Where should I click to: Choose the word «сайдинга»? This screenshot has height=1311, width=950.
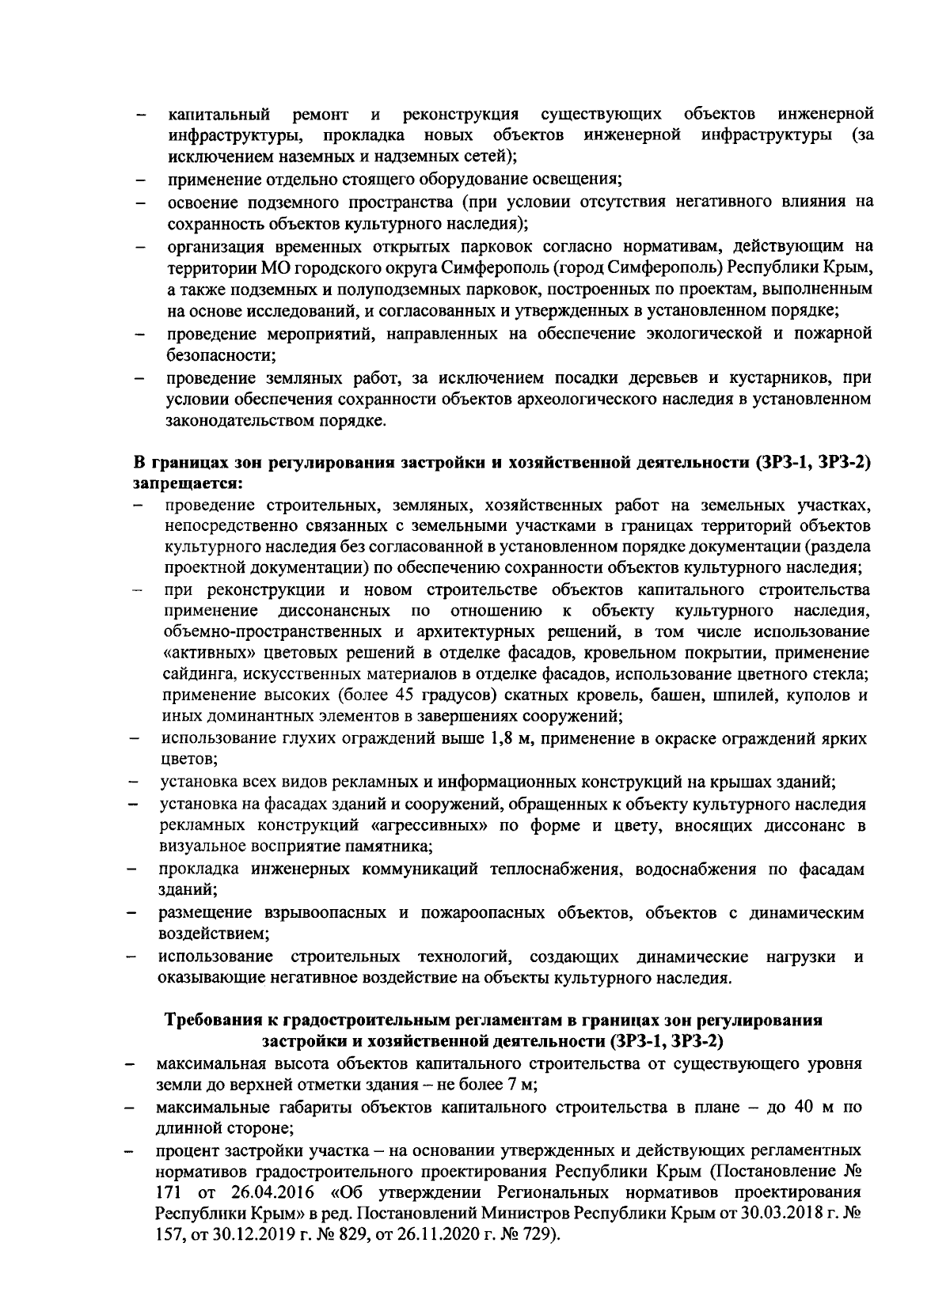click(197, 675)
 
